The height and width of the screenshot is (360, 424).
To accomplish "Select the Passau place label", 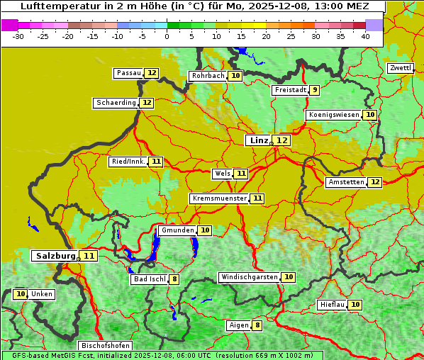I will (x=129, y=73).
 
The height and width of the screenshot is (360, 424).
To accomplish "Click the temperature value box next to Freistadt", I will (x=314, y=90).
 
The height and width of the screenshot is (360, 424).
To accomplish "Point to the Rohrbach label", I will (x=208, y=76).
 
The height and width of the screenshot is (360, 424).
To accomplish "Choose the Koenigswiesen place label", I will (x=334, y=115).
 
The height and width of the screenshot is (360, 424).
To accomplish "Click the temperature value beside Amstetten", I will (x=375, y=182).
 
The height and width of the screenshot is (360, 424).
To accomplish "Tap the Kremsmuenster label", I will (x=219, y=198).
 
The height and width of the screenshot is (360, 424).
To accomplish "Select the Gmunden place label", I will (x=177, y=230).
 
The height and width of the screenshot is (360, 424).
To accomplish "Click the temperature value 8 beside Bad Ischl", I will (x=174, y=279).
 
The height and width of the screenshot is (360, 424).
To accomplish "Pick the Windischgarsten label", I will (x=249, y=277).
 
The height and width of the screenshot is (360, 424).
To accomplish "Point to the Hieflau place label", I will (x=333, y=305).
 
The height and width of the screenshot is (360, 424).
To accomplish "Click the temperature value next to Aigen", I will (x=257, y=325).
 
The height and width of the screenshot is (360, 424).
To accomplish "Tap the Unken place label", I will (x=42, y=294).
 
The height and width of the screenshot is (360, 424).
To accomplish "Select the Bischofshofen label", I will (x=104, y=346).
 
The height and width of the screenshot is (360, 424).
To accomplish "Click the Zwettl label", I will (x=400, y=68).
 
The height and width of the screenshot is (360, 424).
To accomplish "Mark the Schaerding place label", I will (x=116, y=103).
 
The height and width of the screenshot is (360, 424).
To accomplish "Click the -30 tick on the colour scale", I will (x=18, y=36).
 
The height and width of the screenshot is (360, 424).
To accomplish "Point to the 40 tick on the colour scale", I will (x=365, y=36).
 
